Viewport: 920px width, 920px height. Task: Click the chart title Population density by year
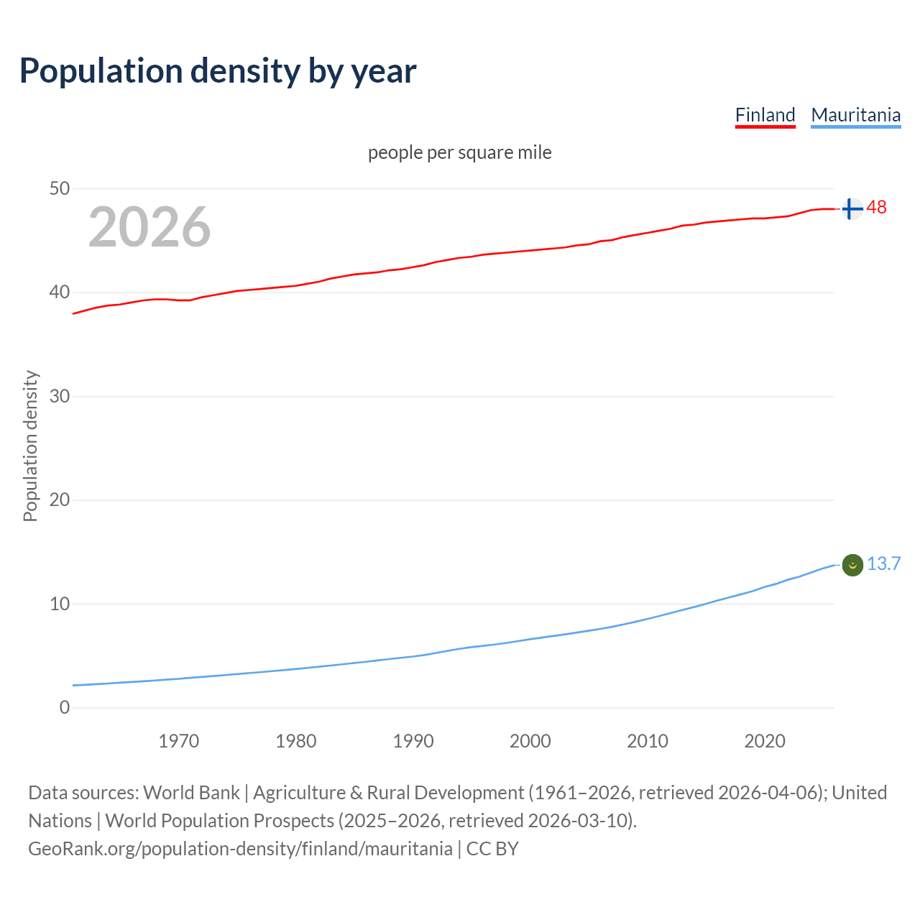pos(218,71)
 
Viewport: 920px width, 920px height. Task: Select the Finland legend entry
pos(765,115)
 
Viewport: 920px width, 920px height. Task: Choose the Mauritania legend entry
pos(855,115)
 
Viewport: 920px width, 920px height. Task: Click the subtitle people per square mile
pos(459,152)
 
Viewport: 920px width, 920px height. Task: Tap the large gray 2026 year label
pos(149,227)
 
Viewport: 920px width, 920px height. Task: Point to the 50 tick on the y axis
pos(60,188)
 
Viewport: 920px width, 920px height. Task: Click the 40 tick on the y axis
pos(60,292)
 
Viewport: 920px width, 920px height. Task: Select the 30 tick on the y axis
pos(60,396)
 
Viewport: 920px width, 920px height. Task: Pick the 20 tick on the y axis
pos(60,500)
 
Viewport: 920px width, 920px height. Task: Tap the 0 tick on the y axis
pos(65,707)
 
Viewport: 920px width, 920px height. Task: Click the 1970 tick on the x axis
pos(179,741)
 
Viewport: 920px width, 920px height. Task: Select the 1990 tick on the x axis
pos(413,741)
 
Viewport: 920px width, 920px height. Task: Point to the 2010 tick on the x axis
pos(648,741)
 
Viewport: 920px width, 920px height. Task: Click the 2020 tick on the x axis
pos(765,741)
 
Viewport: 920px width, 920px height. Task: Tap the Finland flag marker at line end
pos(852,209)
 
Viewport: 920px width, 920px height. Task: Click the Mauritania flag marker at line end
pos(852,566)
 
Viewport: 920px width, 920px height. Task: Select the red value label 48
pos(877,208)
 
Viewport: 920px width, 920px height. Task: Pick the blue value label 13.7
pos(883,563)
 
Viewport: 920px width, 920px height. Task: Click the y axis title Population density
pos(30,446)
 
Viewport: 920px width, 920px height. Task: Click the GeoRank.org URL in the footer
pos(240,849)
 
